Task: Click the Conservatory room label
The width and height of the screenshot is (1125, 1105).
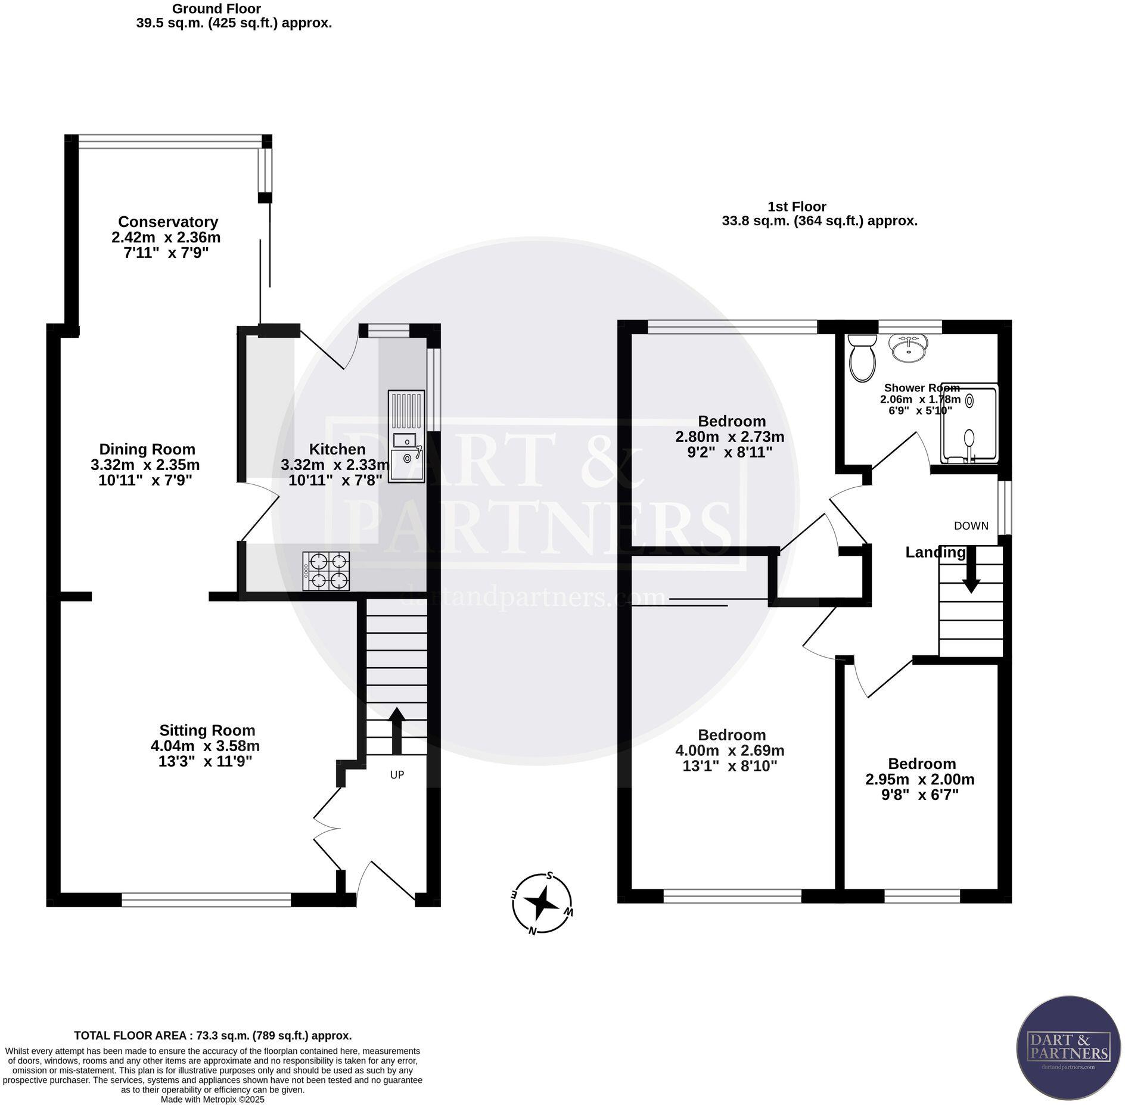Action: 168,222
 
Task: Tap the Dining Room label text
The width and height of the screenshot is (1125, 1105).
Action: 147,449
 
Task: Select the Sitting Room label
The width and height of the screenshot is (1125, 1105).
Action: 207,730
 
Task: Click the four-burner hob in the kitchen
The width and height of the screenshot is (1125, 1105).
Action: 326,571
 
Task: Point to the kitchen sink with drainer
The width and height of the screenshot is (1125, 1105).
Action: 406,436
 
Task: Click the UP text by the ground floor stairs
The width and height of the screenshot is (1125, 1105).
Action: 397,775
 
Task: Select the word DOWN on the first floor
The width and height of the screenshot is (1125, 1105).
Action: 971,526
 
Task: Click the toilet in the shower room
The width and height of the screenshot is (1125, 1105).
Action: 862,357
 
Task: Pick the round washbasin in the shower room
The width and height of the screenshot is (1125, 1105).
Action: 908,347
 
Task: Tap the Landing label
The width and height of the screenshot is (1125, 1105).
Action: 935,553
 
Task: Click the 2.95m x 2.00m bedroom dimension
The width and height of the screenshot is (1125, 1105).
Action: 920,779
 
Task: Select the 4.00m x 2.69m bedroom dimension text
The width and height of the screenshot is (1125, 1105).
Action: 730,751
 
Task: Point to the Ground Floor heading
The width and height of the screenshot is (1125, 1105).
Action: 216,9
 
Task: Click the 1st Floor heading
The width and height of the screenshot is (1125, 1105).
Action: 797,207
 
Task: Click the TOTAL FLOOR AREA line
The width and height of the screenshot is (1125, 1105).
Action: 213,1036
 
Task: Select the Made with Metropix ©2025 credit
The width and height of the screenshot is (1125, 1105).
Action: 213,1099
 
